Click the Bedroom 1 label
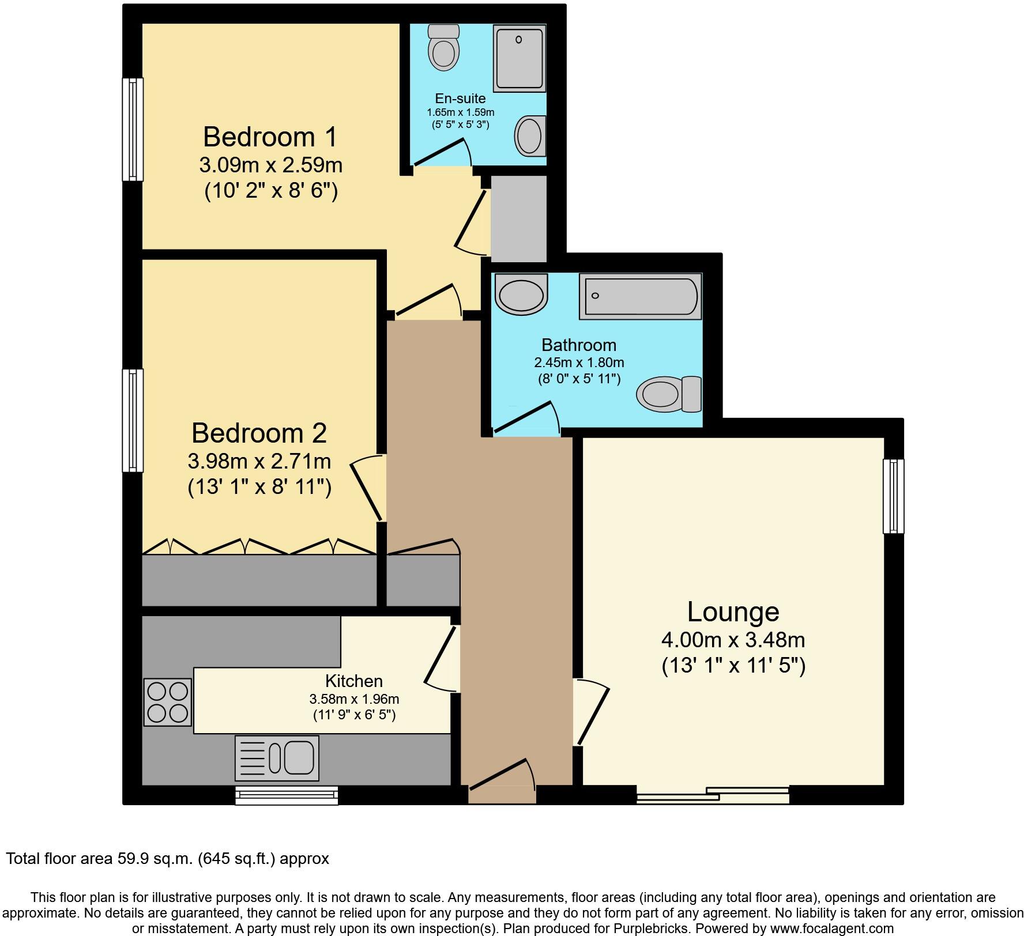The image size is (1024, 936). click(270, 137)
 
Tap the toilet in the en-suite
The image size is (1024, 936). click(444, 47)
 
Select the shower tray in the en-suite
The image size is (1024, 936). click(519, 58)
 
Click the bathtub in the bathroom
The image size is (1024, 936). click(640, 296)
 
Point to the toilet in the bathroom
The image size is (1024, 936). click(669, 395)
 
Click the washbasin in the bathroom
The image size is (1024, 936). click(521, 295)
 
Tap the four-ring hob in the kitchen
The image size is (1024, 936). click(167, 701)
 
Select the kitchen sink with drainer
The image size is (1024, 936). click(277, 757)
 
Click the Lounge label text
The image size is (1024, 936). click(733, 612)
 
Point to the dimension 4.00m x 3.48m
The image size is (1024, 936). click(733, 640)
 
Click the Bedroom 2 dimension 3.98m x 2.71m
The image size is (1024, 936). click(259, 461)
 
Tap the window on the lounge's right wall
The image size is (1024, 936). click(893, 496)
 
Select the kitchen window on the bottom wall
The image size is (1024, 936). click(287, 796)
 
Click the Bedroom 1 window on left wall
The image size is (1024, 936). click(133, 129)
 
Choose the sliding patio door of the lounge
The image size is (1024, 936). click(713, 795)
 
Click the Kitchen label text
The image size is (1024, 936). click(354, 681)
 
